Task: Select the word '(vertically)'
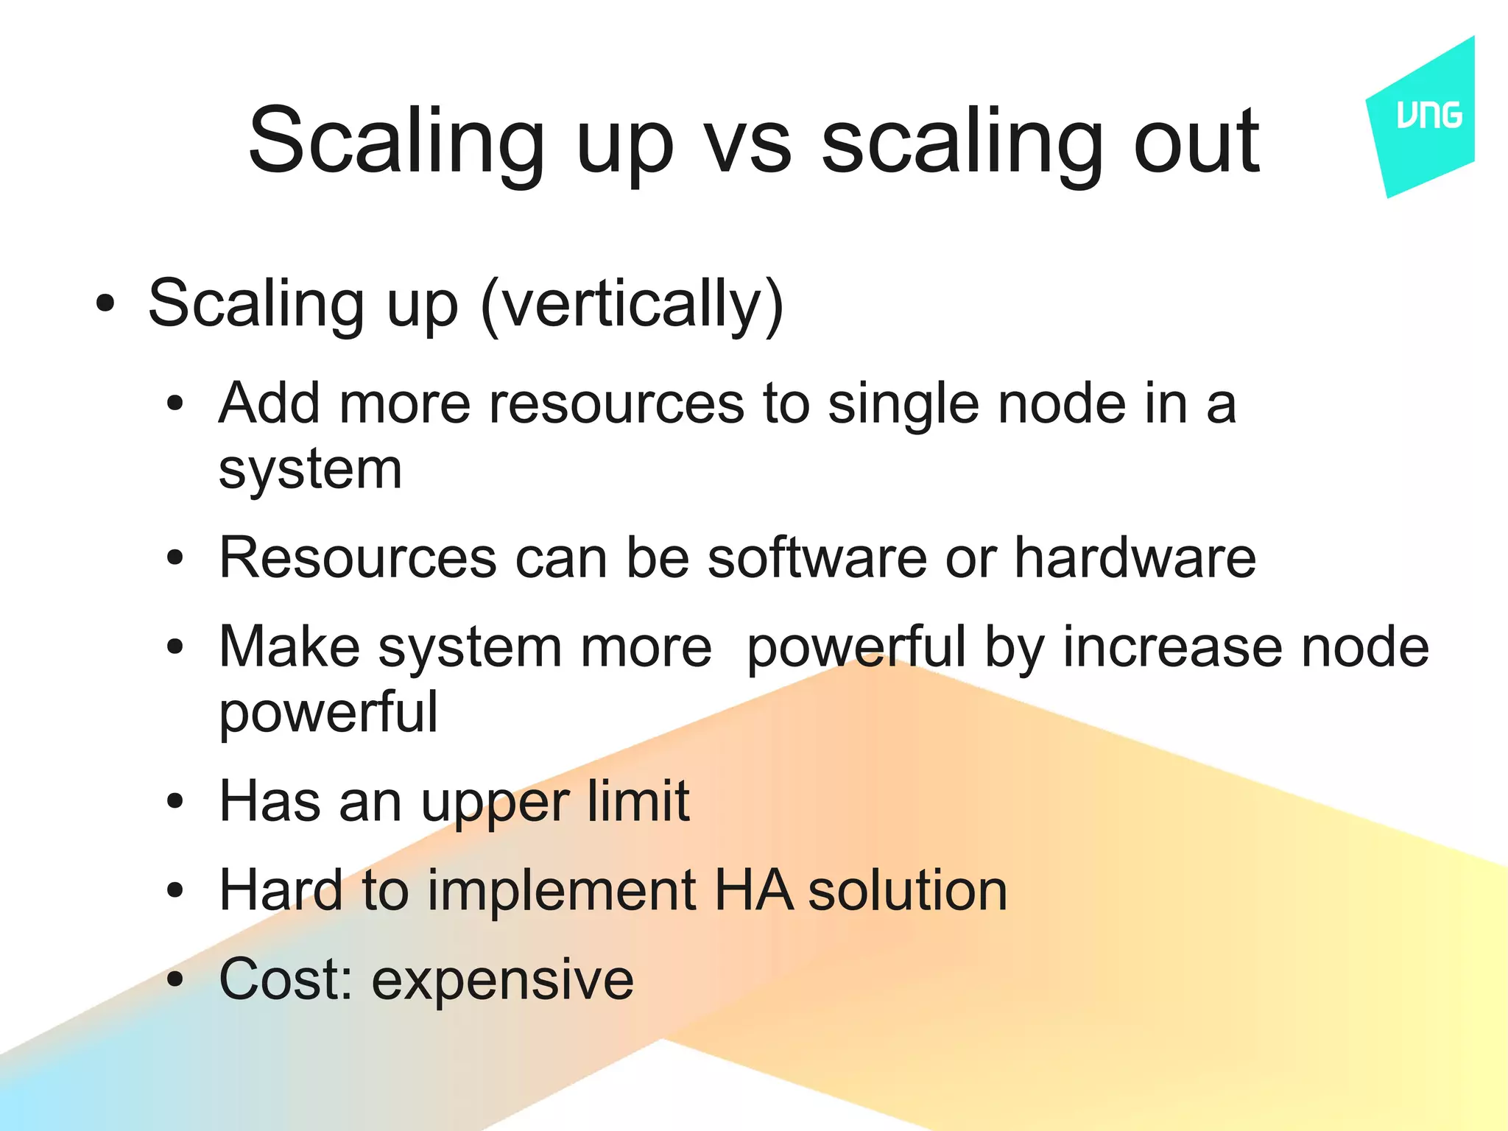pyautogui.click(x=632, y=305)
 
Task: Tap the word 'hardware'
pyautogui.click(x=1135, y=557)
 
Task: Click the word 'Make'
pyautogui.click(x=289, y=647)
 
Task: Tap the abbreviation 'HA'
pyautogui.click(x=753, y=890)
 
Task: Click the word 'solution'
pyautogui.click(x=907, y=890)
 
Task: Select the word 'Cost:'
pyautogui.click(x=286, y=979)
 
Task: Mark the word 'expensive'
pyautogui.click(x=502, y=982)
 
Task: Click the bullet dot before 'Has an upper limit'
pyautogui.click(x=175, y=801)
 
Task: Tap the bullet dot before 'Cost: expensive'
pyautogui.click(x=175, y=980)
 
